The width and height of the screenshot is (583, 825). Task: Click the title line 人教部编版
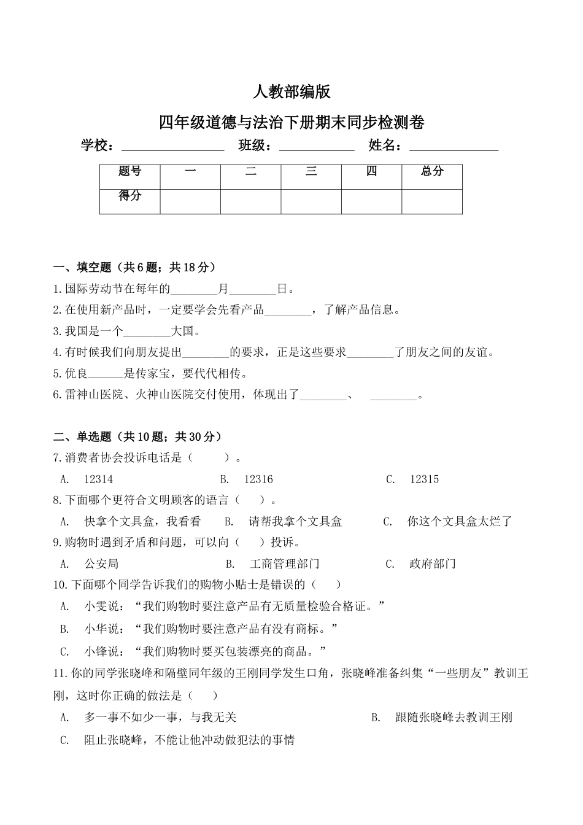[291, 92]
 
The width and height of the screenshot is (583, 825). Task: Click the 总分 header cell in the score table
[432, 172]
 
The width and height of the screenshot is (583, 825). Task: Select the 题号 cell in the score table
[129, 172]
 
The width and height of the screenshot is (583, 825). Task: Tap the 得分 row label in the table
[129, 196]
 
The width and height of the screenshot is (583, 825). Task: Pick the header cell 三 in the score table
[311, 172]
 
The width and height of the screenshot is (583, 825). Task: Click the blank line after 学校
[173, 147]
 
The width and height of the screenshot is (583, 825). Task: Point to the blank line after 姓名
[454, 147]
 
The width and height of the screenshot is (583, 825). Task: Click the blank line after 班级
[317, 147]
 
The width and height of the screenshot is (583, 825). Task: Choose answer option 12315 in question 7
[424, 479]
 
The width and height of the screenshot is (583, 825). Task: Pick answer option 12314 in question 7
[98, 479]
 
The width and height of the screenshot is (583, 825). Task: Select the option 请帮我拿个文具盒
[295, 522]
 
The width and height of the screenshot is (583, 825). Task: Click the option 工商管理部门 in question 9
[285, 564]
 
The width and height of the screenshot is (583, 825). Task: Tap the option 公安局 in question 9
[101, 564]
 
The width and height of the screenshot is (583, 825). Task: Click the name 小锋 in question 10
[96, 651]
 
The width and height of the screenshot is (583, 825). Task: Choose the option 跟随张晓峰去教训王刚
[454, 717]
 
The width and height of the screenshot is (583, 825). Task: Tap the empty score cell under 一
[190, 201]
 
